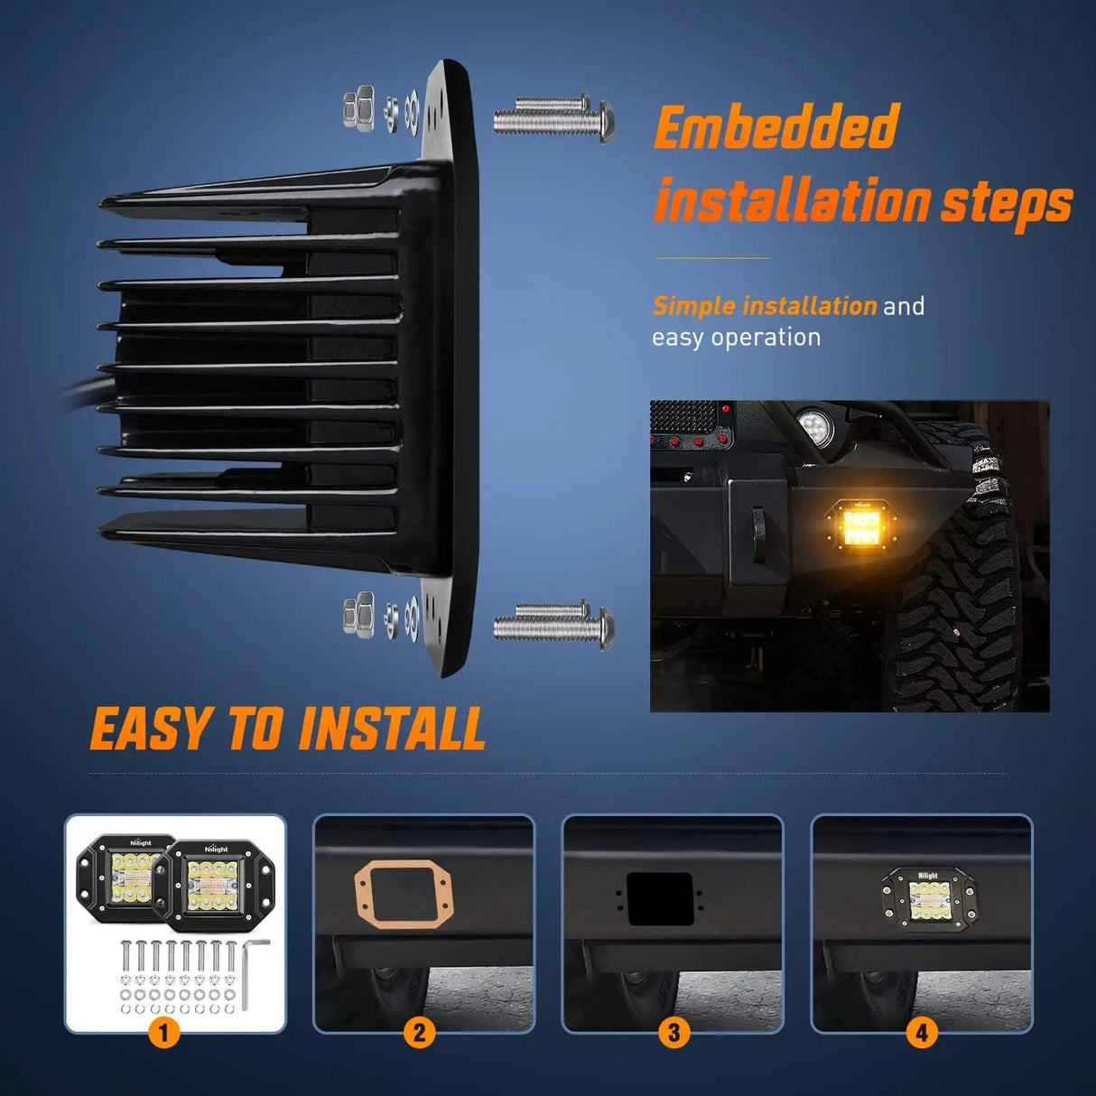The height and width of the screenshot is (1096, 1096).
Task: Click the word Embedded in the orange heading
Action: point(776,127)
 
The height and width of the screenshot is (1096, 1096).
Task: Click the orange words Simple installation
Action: point(764,306)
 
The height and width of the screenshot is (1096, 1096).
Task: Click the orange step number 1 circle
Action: point(163,1031)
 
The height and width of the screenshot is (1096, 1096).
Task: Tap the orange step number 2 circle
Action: point(419,1031)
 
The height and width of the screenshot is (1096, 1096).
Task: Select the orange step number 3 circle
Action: point(673,1031)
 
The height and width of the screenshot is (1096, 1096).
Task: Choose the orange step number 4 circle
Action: point(921,1031)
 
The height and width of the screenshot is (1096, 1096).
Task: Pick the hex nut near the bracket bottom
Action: point(358,615)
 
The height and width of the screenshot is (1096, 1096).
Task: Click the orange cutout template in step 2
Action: point(403,895)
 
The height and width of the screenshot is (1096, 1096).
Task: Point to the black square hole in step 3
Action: point(660,898)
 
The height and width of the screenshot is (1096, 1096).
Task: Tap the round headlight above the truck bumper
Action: point(817,422)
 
